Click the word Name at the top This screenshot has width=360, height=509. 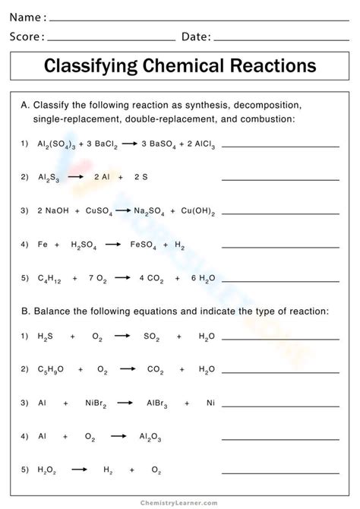pyautogui.click(x=27, y=17)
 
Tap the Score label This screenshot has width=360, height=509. pyautogui.click(x=27, y=36)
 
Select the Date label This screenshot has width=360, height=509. pyautogui.click(x=194, y=36)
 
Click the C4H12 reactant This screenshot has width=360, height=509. pyautogui.click(x=50, y=279)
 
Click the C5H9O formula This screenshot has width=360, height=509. pyautogui.click(x=51, y=370)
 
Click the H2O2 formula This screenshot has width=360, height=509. pyautogui.click(x=48, y=471)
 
